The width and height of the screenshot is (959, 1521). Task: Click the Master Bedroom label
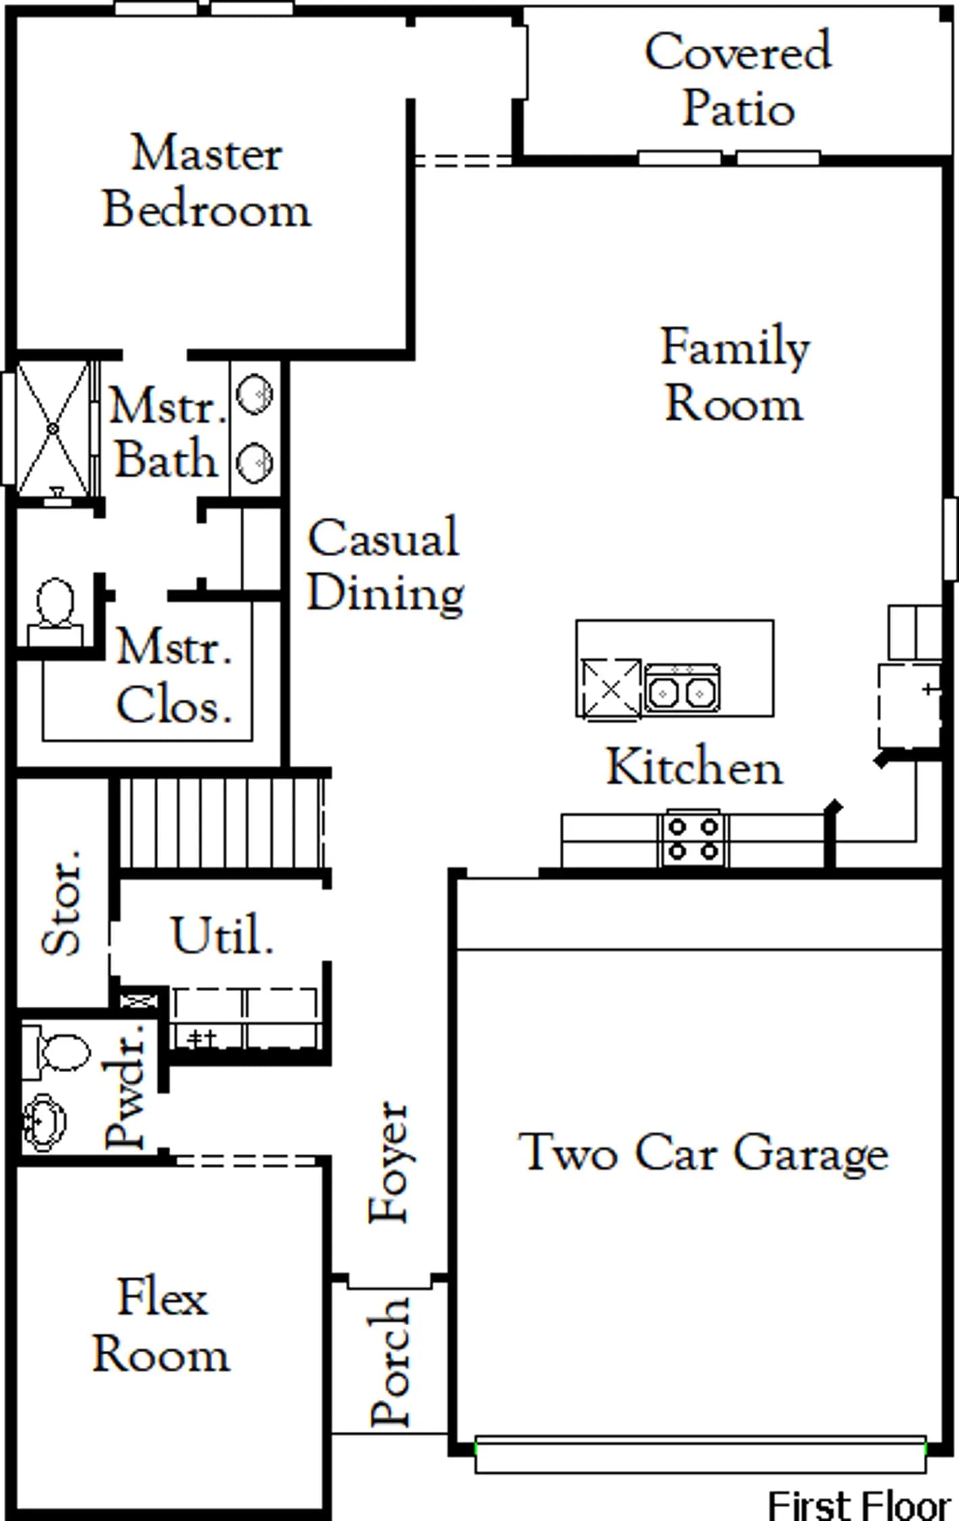tap(207, 180)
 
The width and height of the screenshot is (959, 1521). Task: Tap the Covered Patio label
tap(738, 79)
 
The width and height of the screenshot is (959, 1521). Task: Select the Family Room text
tap(735, 374)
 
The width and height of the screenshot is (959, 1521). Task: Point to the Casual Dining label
tap(385, 564)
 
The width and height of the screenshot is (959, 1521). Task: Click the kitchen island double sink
tap(682, 688)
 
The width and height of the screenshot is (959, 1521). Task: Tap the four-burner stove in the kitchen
tap(693, 838)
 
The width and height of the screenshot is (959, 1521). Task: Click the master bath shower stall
tap(53, 429)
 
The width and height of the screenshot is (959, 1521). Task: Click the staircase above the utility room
tap(221, 823)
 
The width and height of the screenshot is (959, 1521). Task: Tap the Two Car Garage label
tap(703, 1153)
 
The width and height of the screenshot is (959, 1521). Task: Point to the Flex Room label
tap(162, 1326)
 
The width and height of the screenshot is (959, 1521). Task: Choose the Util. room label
tap(223, 935)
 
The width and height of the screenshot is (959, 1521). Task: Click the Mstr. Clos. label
tap(174, 675)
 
